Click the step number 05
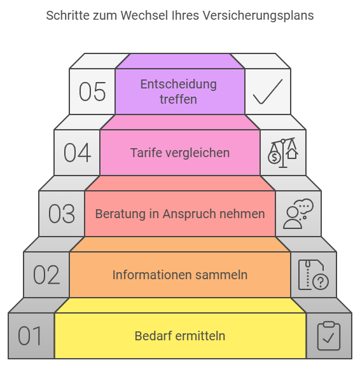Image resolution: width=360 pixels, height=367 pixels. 92,92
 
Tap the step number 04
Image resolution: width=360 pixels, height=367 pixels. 77,153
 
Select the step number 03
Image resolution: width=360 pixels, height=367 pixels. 62,214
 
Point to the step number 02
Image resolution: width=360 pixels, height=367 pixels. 46,275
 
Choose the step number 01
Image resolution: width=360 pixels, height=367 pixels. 30,336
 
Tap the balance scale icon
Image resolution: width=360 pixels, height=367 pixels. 283,153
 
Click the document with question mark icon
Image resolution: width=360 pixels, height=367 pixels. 314,275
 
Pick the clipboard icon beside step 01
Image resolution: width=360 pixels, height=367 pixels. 329,336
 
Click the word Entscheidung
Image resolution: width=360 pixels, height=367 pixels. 179,84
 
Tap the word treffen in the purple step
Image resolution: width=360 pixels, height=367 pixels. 178,99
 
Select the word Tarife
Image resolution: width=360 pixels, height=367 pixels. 145,153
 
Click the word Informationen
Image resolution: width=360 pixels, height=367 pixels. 152,275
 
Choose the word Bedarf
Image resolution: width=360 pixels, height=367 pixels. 153,336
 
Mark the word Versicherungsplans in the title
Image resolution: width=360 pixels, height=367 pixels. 258,16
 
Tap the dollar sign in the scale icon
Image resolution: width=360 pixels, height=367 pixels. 274,157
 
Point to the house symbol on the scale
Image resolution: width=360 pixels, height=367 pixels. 292,154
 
